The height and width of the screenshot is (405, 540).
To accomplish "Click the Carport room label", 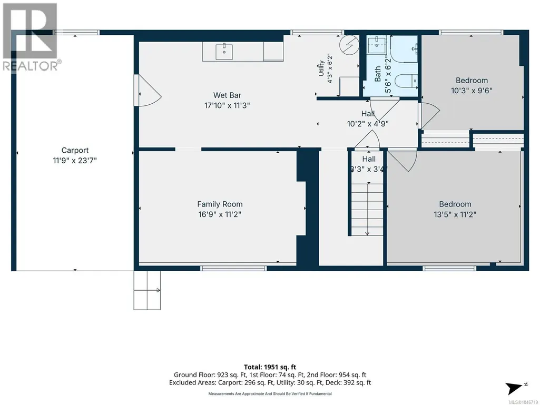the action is [75, 150].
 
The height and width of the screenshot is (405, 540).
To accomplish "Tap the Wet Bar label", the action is [227, 95].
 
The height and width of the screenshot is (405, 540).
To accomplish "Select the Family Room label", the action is [220, 204].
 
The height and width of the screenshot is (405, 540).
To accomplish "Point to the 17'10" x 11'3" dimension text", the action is [227, 105].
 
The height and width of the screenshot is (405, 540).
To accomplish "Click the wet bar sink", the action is [224, 52].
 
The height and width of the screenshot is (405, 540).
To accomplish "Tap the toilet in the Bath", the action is [406, 81].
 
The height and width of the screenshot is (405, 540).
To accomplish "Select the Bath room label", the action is [378, 74].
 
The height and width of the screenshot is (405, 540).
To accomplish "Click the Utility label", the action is [321, 68].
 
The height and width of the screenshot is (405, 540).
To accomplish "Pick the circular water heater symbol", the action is [349, 45].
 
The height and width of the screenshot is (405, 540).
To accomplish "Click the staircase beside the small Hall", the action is [367, 210].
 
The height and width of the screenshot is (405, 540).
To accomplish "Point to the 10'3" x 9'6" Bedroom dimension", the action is [472, 91].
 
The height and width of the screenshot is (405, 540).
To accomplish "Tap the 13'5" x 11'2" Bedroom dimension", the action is [455, 214].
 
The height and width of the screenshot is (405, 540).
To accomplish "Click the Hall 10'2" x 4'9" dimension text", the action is [368, 124].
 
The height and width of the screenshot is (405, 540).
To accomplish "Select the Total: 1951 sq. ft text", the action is [270, 367].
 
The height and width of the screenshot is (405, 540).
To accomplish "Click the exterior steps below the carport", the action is [147, 290].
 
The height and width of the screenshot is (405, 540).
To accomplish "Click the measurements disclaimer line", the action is [270, 393].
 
